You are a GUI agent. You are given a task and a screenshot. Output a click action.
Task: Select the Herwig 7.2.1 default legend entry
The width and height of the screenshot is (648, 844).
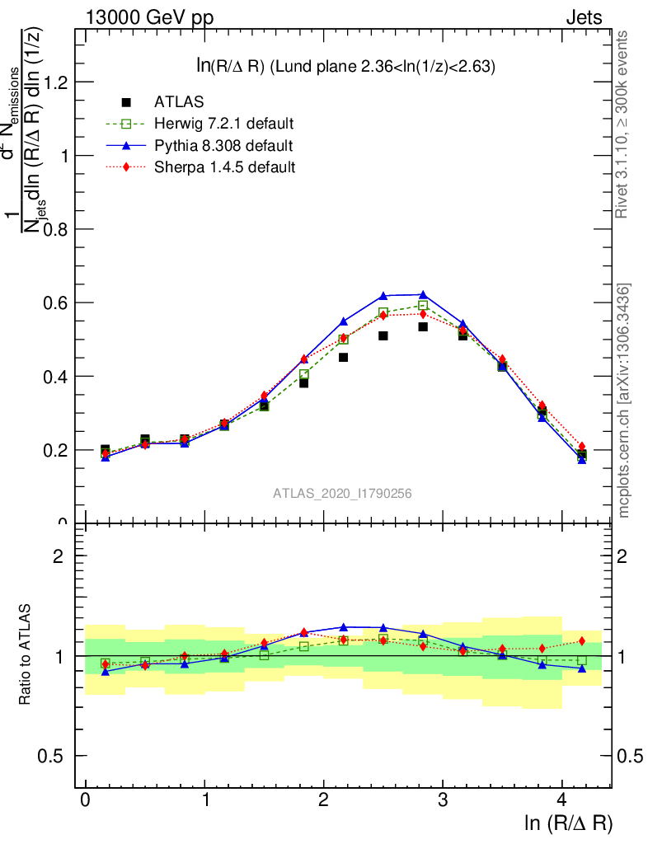[x=223, y=124]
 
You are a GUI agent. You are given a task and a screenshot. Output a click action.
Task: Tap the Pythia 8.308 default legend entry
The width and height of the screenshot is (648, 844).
[x=223, y=146]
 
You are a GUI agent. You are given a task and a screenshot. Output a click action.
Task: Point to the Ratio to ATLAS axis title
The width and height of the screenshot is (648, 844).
[x=25, y=655]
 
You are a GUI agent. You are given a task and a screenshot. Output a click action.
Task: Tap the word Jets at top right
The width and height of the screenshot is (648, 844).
[x=584, y=17]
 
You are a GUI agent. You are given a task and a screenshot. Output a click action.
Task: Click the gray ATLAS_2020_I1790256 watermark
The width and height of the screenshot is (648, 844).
[x=342, y=494]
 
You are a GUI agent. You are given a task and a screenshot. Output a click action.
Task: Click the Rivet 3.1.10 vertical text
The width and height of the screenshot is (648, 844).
[x=622, y=124]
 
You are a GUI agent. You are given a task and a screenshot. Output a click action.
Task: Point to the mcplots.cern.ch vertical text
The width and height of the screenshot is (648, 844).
[x=624, y=401]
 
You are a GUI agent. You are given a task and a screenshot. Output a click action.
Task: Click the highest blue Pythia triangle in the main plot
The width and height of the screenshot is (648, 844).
[x=423, y=294]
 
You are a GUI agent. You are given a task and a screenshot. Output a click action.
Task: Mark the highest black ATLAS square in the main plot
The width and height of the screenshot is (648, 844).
[x=423, y=327]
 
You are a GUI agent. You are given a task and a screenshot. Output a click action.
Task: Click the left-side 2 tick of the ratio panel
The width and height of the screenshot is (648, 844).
[x=59, y=556]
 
